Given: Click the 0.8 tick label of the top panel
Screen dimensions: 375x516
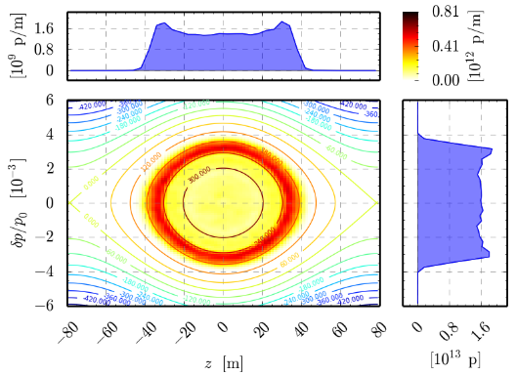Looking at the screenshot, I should [x=52, y=50].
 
